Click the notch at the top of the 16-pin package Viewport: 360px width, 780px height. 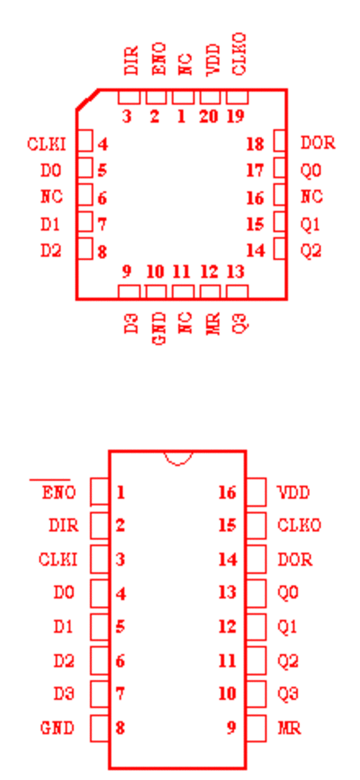178,462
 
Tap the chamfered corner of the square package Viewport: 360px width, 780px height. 87,100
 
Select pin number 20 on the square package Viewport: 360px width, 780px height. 208,116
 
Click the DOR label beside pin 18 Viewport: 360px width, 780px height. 318,143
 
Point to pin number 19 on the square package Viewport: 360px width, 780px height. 236,116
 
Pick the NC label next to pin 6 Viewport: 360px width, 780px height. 52,196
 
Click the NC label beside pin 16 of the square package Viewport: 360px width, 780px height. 311,196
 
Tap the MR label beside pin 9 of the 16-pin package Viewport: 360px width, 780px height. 289,728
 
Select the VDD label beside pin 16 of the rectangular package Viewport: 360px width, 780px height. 293,493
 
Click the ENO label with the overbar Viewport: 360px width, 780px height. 58,493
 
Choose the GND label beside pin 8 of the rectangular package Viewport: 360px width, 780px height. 58,728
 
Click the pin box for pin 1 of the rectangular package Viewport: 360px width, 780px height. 100,492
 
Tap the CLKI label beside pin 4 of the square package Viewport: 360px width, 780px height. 46,144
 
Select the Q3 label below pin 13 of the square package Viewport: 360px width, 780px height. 239,323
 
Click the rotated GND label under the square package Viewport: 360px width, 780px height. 158,329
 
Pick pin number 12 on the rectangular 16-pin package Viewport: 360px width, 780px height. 228,626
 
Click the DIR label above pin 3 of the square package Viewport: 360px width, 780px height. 131,60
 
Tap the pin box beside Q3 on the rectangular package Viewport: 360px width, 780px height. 256,694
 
